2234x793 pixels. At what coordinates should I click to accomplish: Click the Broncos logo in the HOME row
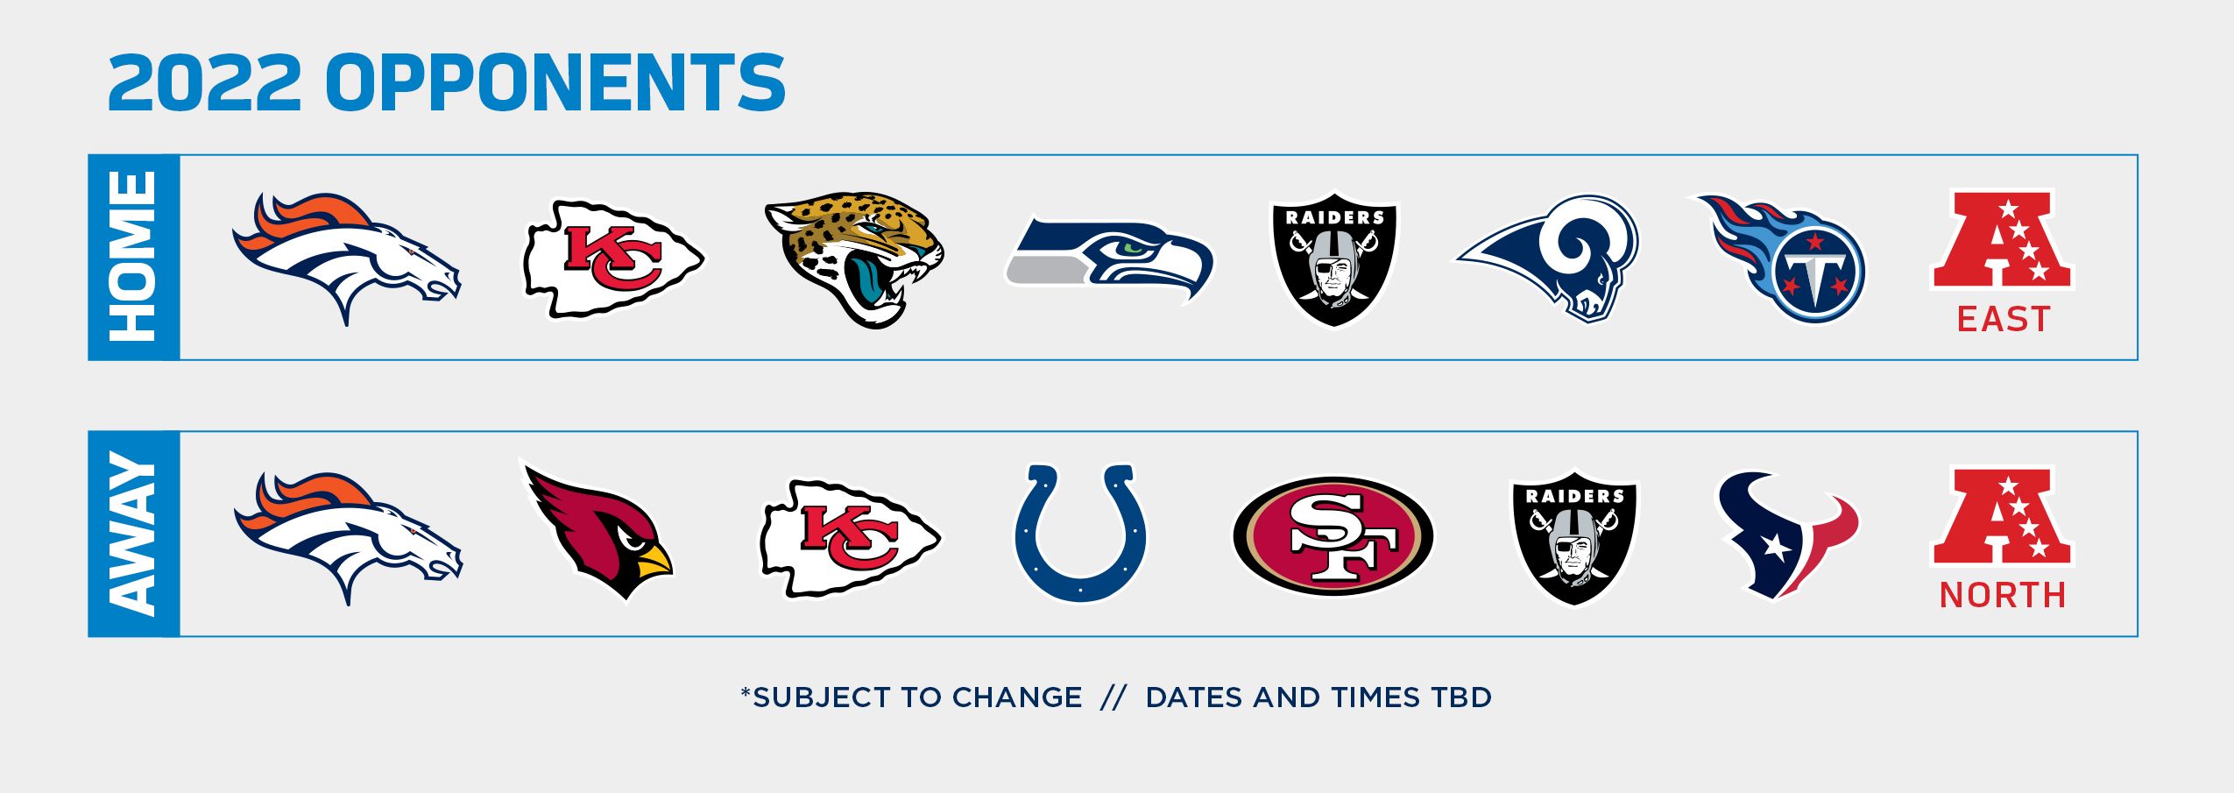tap(346, 258)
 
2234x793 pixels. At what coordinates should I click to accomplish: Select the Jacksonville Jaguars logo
tap(854, 259)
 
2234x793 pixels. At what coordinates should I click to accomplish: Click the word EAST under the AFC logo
tap(2004, 319)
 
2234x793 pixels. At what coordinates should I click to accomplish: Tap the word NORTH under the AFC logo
tap(2003, 595)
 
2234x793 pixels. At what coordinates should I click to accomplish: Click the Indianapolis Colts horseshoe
tap(1080, 533)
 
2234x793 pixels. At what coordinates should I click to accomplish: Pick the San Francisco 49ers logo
tap(1333, 535)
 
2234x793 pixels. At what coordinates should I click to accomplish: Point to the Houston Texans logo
tap(1786, 535)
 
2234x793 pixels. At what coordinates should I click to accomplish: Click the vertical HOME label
tap(133, 257)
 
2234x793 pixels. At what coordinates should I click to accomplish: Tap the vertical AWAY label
tap(133, 534)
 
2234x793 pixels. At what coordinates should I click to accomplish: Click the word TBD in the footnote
tap(1461, 697)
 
